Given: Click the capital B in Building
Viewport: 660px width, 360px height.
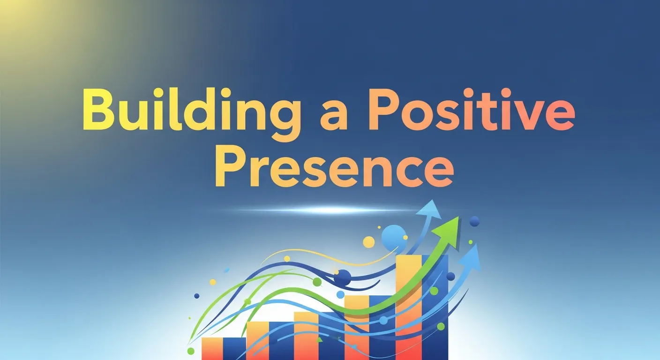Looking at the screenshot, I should click(99, 109).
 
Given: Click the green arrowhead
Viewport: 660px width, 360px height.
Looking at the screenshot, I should click(446, 228).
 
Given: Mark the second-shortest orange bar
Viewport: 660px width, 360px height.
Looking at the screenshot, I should click(257, 340).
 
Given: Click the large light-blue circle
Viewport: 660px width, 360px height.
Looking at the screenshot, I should click(393, 237).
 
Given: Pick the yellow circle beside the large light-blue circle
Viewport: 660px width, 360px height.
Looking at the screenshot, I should click(369, 242).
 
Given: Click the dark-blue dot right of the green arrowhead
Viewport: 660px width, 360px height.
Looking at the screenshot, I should click(474, 221).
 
